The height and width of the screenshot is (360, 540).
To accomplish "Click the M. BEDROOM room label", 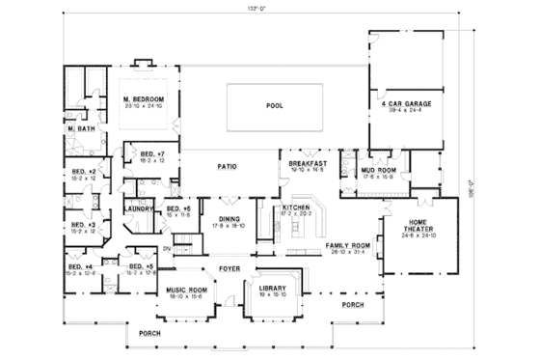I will (144, 100).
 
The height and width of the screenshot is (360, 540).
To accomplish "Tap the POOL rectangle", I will (274, 105).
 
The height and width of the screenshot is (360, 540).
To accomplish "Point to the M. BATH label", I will (79, 129).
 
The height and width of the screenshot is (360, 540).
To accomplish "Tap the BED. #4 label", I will (80, 266).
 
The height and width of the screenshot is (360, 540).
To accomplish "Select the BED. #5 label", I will (142, 266).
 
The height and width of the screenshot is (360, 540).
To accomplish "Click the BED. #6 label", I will (179, 209).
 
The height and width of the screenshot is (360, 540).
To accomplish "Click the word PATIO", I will (228, 167).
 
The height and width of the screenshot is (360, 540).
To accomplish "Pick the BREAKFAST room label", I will (308, 165).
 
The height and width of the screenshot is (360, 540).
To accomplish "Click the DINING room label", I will (229, 219).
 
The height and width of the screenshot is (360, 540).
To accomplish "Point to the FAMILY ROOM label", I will (347, 246).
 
